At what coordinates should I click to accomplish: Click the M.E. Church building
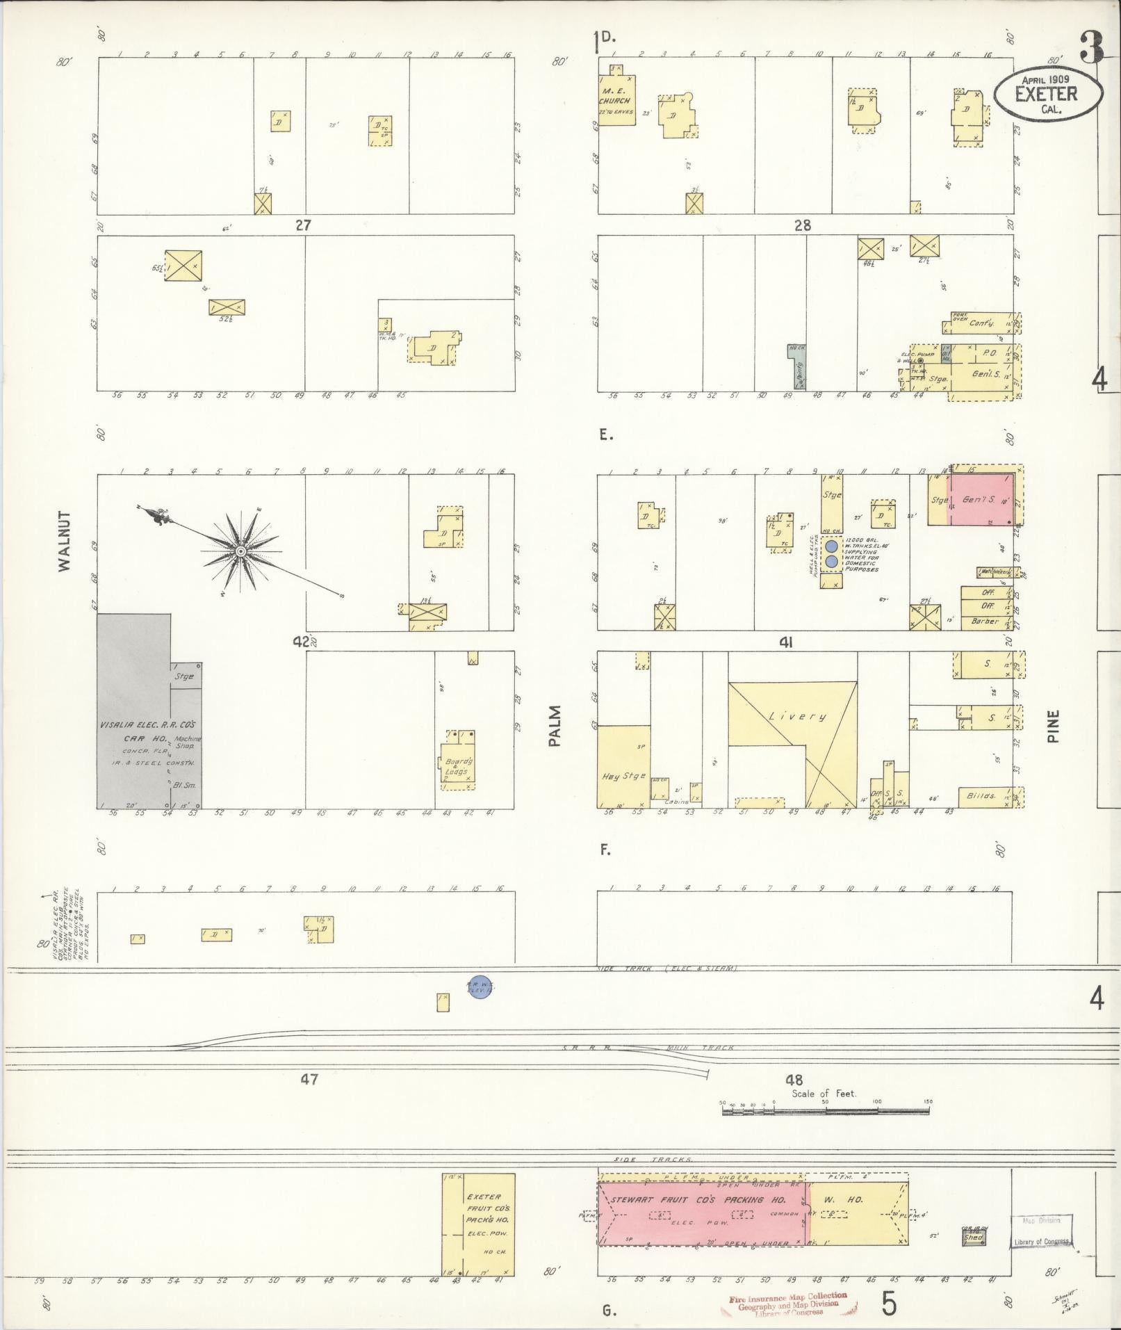[616, 101]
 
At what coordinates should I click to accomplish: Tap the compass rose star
[240, 551]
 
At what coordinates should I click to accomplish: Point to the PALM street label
[555, 727]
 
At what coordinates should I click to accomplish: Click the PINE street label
[1054, 726]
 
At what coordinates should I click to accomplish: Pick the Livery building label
[797, 716]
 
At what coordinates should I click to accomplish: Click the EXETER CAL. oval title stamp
[1048, 92]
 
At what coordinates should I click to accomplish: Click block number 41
[785, 642]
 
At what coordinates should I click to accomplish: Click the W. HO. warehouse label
[834, 1199]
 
